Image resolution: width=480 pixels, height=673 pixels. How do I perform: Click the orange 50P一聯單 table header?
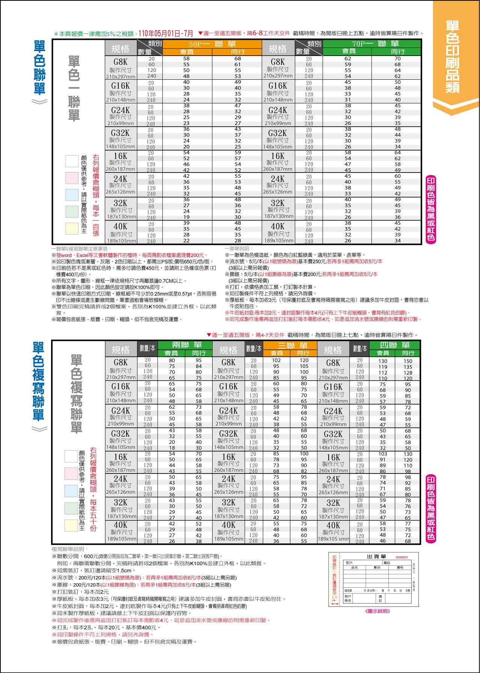(212, 44)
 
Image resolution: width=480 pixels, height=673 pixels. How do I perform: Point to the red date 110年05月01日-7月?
(166, 33)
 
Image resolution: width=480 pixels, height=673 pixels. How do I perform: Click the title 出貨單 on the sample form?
(376, 557)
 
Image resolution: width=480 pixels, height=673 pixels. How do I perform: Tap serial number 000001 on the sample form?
(402, 557)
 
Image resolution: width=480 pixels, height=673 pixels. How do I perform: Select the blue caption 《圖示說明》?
(377, 611)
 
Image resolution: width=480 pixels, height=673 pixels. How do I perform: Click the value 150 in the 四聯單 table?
(408, 361)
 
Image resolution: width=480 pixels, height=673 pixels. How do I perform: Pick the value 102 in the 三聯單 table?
(276, 360)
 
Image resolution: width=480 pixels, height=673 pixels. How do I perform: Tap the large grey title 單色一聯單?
(74, 88)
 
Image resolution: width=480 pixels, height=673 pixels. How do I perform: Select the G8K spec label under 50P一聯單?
(121, 62)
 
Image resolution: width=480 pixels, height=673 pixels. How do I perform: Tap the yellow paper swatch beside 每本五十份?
(71, 525)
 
